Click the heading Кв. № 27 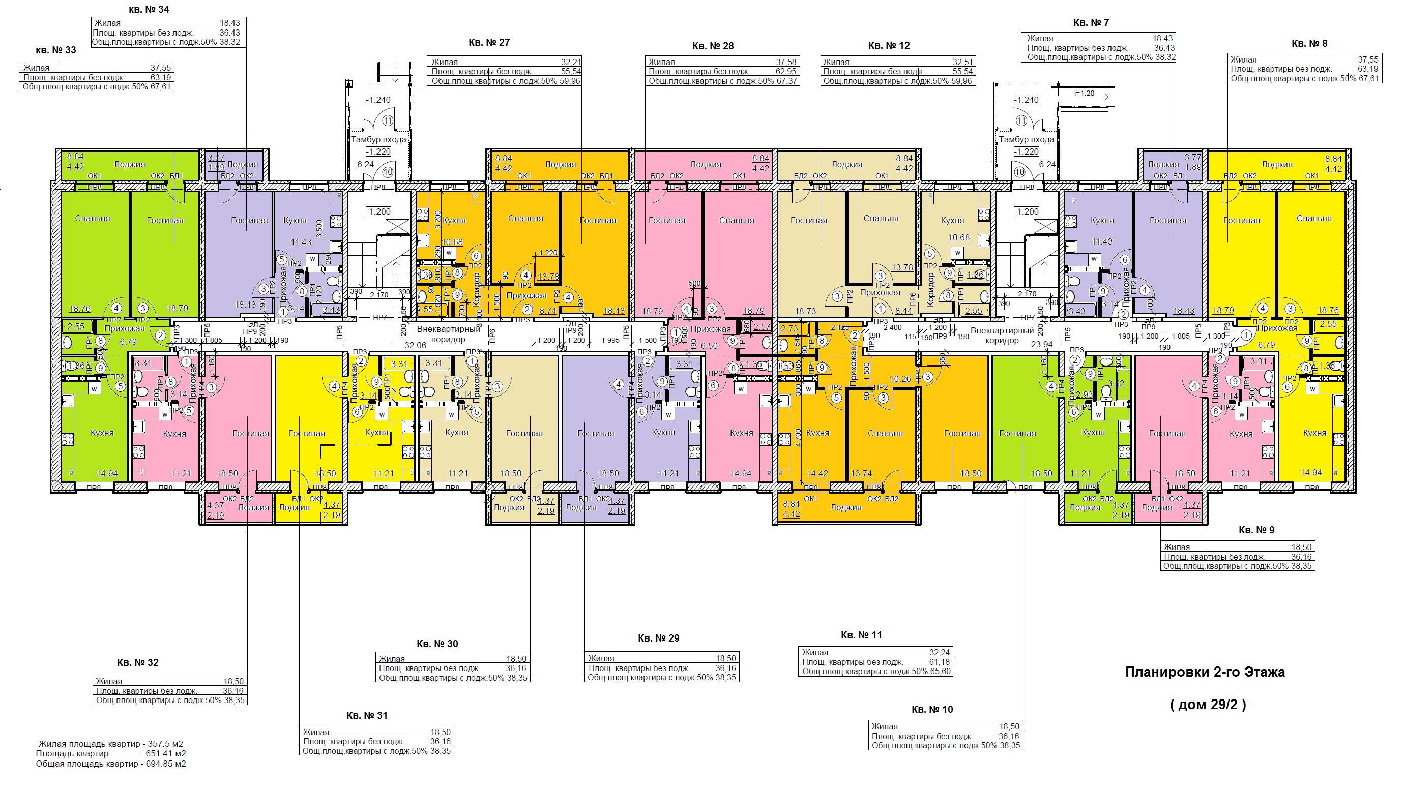tap(489, 43)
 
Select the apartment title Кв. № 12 tap(889, 45)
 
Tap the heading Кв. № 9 tap(1256, 530)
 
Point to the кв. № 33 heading tap(55, 50)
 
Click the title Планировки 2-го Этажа tap(1205, 672)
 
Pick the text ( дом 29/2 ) tap(1208, 705)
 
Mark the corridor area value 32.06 tap(415, 345)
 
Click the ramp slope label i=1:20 tap(1084, 93)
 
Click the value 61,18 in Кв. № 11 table tap(939, 662)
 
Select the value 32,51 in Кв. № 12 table tap(963, 62)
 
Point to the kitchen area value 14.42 tap(817, 473)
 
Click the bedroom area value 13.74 tap(861, 473)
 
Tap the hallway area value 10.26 tap(900, 379)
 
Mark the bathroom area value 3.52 tap(1116, 383)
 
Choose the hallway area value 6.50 tap(709, 346)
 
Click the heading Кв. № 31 tap(367, 715)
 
